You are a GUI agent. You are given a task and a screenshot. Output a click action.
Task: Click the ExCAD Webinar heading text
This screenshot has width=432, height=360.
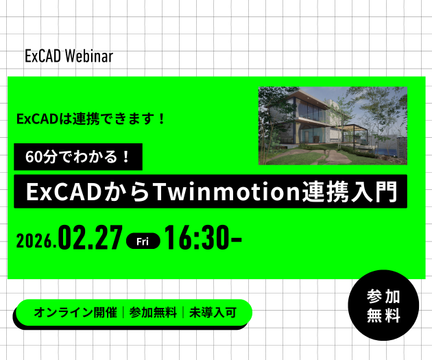[69, 56]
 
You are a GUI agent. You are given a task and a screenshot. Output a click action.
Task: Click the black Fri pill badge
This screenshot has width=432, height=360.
[143, 241]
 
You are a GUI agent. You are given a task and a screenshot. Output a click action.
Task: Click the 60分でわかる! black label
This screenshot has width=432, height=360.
[77, 156]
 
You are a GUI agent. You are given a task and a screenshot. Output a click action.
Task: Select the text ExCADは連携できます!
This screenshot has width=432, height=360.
[91, 118]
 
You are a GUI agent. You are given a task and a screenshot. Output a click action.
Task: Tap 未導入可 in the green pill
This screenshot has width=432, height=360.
[213, 313]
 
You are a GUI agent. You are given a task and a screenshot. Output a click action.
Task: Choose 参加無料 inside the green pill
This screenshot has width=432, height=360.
[153, 313]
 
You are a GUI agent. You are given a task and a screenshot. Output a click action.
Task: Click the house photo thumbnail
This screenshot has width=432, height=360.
[333, 125]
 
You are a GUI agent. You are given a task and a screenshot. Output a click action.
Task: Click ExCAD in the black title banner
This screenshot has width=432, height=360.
[58, 192]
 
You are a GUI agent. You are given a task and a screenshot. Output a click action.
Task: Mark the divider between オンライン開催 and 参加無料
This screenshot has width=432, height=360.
[123, 313]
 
